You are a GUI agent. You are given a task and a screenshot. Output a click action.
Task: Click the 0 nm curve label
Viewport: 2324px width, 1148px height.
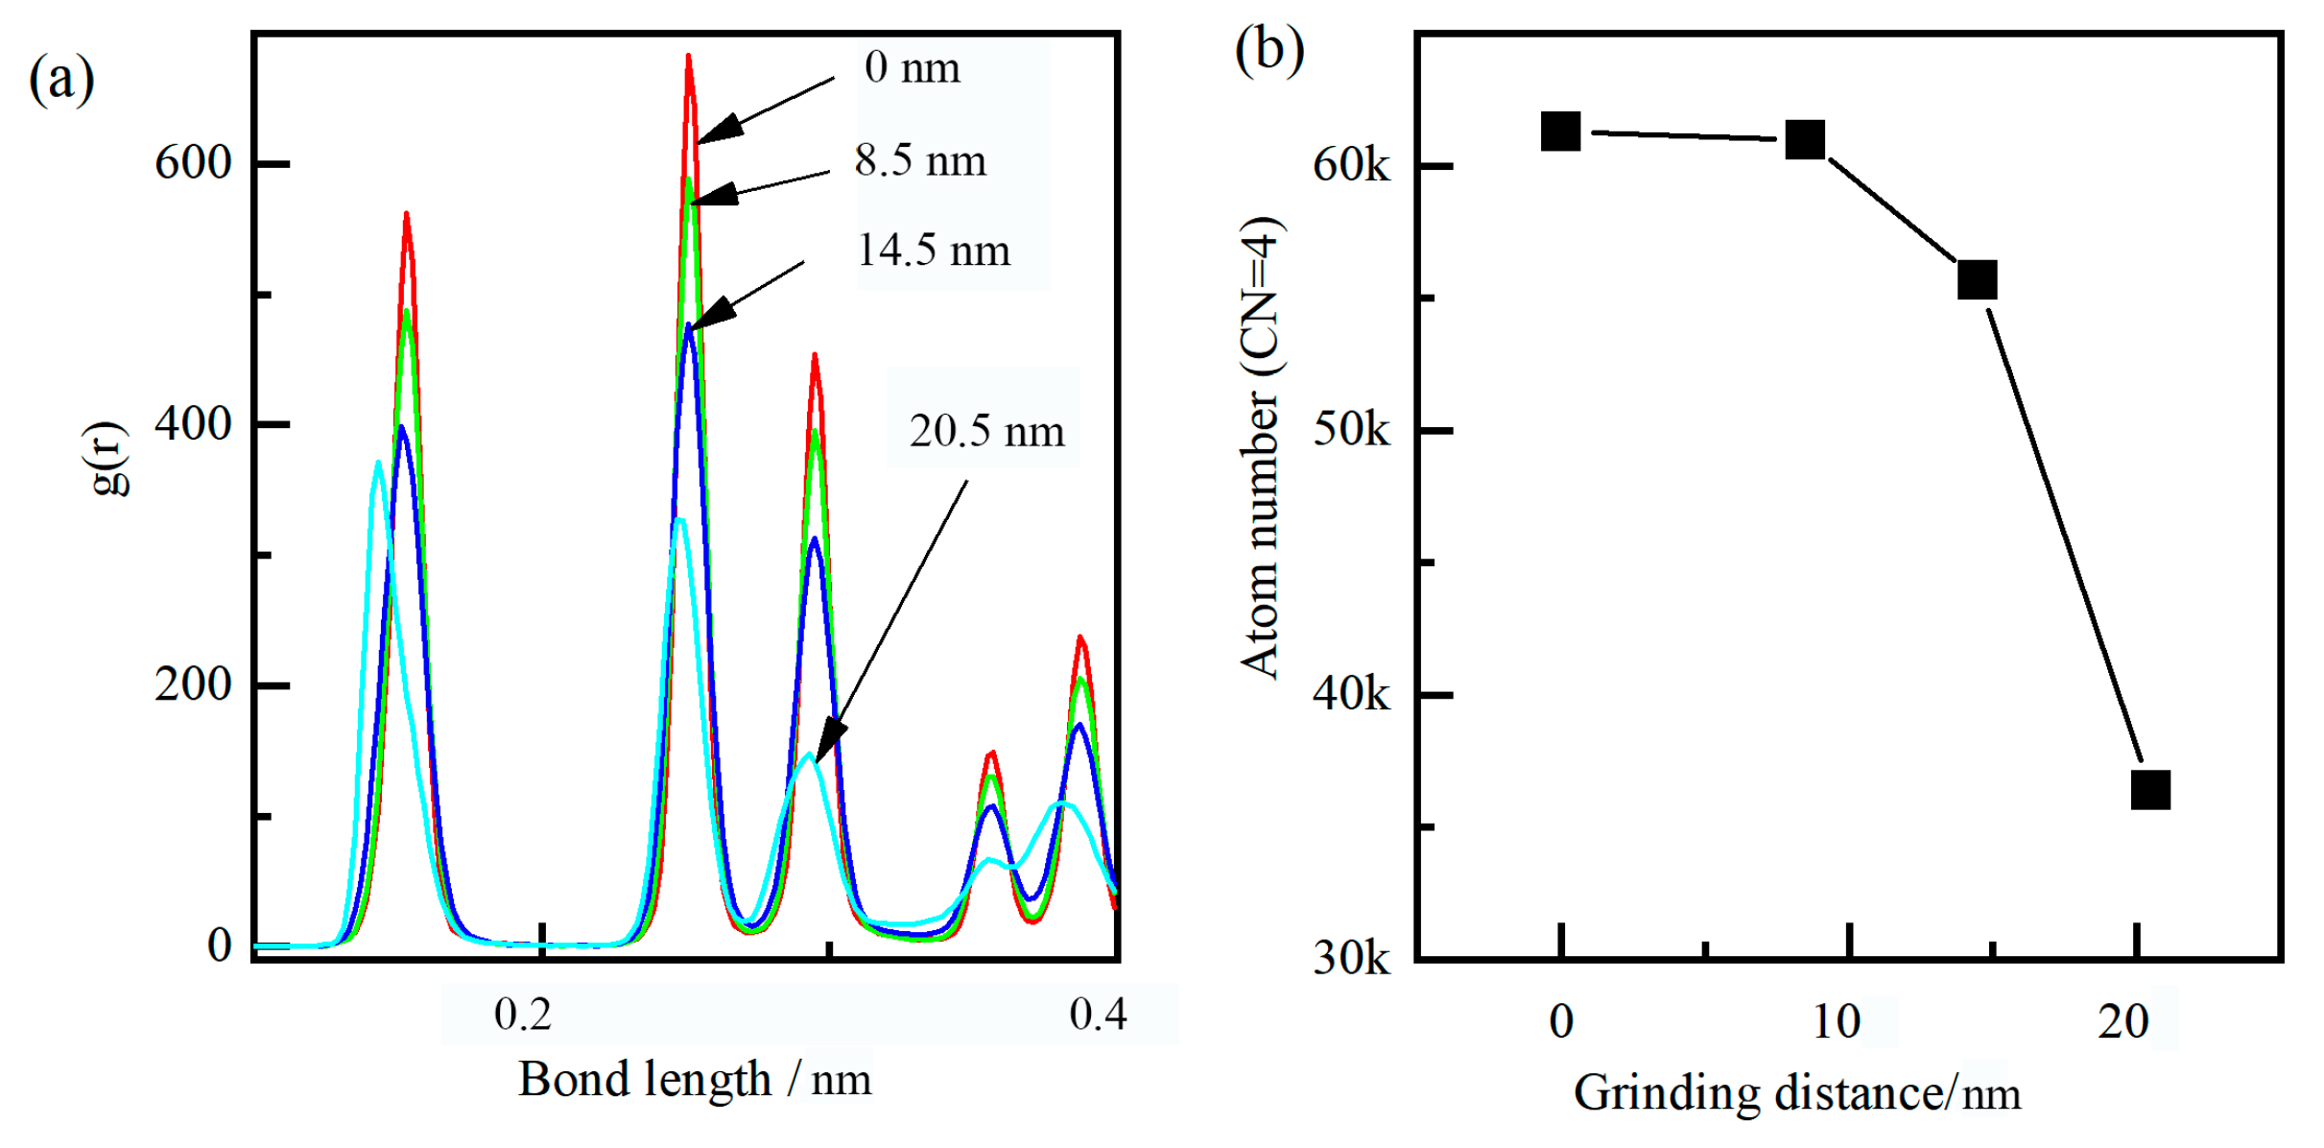click(x=912, y=68)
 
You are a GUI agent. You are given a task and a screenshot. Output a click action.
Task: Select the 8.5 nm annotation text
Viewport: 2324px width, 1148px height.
click(x=920, y=160)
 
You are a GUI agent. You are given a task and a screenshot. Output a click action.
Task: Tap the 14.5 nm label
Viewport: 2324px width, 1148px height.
click(x=933, y=251)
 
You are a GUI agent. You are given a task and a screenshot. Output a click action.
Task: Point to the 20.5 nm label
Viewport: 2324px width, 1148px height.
click(x=986, y=431)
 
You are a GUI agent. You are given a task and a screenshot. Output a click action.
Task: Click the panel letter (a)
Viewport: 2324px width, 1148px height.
click(x=61, y=78)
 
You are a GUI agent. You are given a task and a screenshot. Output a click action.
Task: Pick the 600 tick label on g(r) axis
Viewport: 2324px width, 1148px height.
click(x=193, y=162)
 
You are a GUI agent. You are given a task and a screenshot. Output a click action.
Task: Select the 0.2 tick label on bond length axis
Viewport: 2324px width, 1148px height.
click(x=523, y=1015)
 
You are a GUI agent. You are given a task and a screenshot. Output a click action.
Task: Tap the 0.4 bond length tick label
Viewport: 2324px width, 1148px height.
click(x=1098, y=1015)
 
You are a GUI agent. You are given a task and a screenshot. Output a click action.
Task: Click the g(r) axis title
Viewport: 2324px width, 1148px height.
click(x=109, y=459)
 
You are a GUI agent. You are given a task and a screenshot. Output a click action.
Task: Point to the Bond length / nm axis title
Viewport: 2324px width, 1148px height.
click(x=695, y=1080)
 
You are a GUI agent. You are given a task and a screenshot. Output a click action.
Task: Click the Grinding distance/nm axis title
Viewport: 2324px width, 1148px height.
click(x=1796, y=1093)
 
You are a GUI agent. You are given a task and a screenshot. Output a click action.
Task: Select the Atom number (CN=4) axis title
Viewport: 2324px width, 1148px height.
click(x=1260, y=447)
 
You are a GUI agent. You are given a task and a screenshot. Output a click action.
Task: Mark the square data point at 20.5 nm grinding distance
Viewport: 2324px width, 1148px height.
click(x=2150, y=790)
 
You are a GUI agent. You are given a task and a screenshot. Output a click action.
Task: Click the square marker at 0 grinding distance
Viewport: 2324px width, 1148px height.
click(x=1560, y=132)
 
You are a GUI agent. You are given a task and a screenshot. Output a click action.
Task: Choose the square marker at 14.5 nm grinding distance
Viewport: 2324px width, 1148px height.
click(x=1977, y=279)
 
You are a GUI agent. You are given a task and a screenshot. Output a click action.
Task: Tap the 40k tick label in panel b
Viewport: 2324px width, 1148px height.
click(x=1350, y=693)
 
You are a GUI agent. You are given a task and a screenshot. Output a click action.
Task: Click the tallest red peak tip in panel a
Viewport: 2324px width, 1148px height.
click(x=689, y=58)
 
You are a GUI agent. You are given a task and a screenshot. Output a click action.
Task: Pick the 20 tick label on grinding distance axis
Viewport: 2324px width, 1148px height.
click(x=2122, y=1022)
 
